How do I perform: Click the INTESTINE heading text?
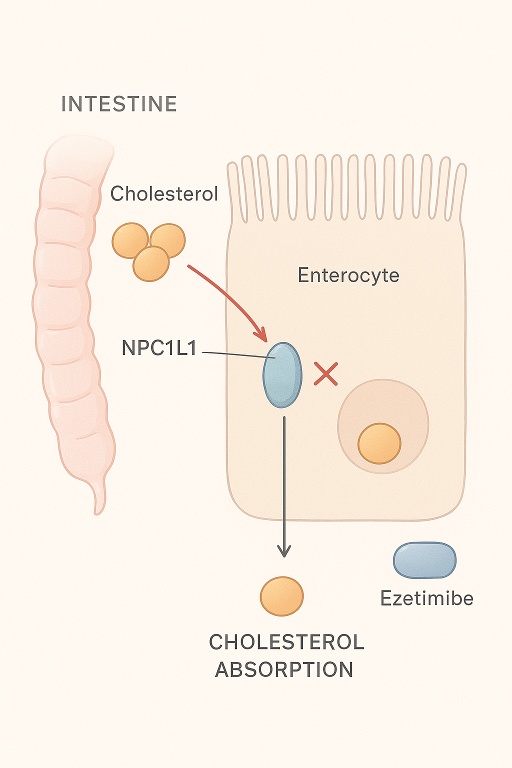119,104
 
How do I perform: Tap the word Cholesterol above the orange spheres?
164,193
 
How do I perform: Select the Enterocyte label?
348,275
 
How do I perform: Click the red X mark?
326,373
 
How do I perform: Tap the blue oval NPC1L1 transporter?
282,375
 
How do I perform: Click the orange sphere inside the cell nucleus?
379,443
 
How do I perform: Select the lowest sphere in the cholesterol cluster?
151,263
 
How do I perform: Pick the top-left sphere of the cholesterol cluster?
130,240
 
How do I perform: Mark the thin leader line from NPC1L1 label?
238,355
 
